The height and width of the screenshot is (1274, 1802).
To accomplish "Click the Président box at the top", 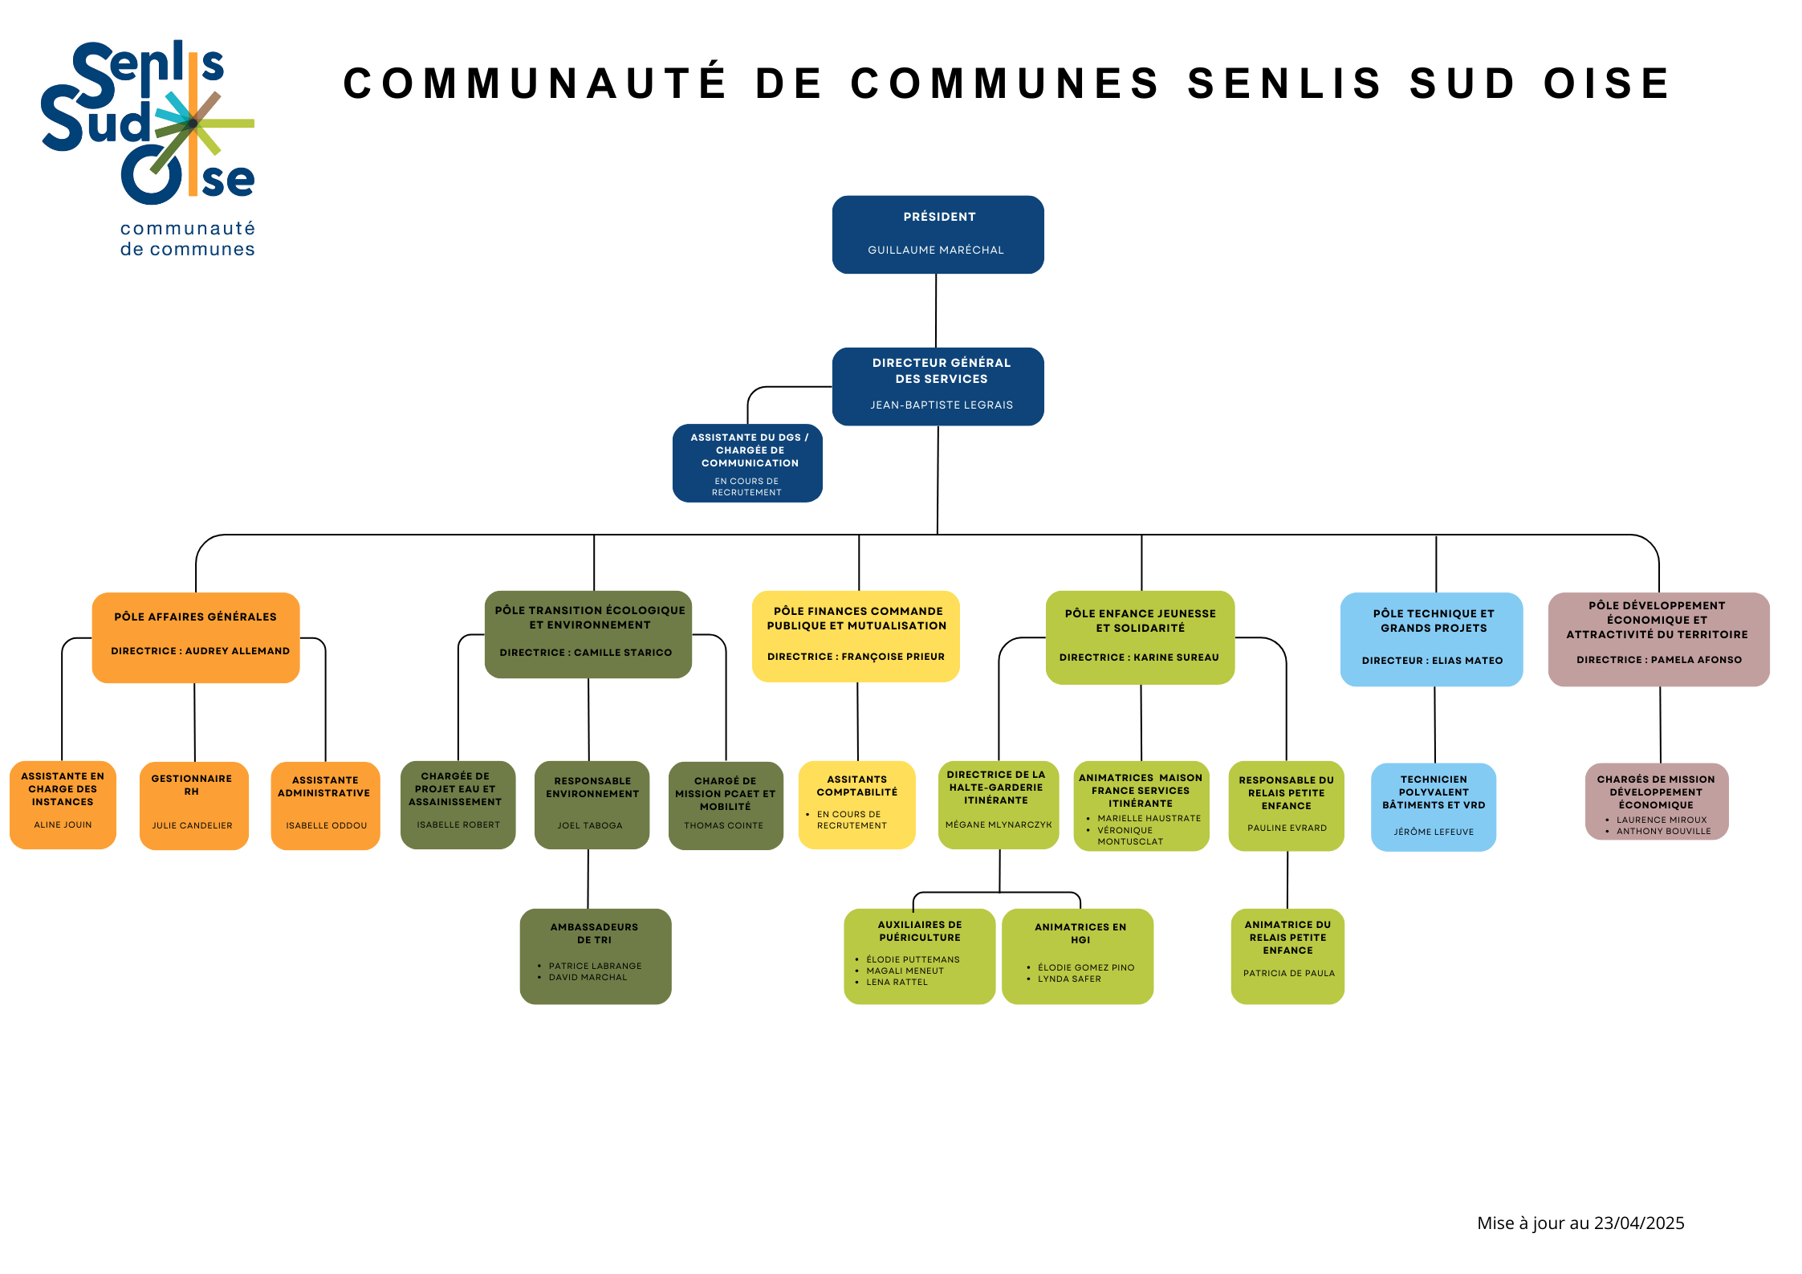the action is coord(938,234).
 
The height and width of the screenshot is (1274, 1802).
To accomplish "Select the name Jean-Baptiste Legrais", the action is coord(942,405).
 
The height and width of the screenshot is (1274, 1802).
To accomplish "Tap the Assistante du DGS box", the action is coord(747,463).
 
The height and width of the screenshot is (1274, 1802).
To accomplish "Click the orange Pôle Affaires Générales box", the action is coord(196,638).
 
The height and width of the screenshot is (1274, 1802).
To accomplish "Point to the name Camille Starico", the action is coord(623,653).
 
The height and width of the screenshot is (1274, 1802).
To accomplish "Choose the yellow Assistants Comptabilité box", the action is coord(857,804).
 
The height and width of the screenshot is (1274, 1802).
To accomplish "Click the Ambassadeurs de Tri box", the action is coord(596,956).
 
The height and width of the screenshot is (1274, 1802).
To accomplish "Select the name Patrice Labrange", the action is coord(595,966).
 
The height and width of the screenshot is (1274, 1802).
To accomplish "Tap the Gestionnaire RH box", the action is coord(194,805).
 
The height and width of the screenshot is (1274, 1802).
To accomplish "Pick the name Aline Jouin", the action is coord(63,824).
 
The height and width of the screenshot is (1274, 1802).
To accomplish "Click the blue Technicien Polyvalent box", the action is coord(1434,807).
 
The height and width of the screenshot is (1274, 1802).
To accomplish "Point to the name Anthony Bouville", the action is coord(1663,831).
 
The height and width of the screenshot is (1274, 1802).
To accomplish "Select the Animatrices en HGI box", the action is coord(1078,956).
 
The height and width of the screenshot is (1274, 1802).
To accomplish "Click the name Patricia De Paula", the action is coord(1289,973).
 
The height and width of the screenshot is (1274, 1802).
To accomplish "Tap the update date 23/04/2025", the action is coord(1639,1223).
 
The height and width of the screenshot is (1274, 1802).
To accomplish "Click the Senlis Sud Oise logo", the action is coord(148,149).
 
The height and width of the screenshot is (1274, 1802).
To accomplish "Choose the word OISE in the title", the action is coord(1607,83).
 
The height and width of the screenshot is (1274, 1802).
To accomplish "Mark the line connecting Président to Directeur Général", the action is coord(936,311).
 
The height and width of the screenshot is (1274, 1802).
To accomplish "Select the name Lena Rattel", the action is coord(897,982).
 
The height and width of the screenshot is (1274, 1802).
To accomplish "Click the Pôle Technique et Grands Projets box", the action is coord(1432,639).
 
